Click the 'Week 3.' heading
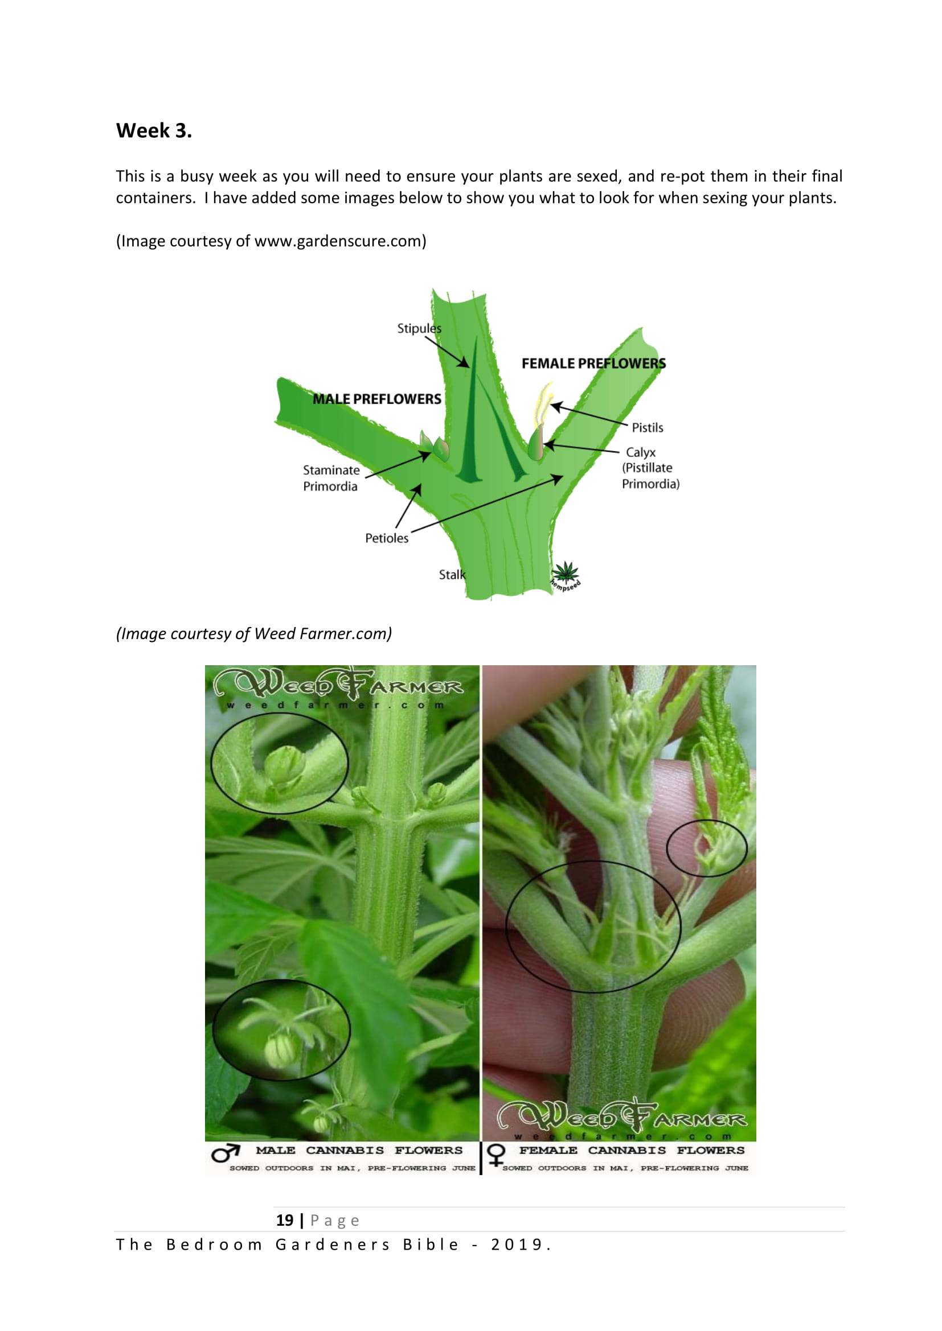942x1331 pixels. [x=154, y=131]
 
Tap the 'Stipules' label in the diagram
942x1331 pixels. [x=419, y=329]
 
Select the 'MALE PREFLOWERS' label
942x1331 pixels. [x=376, y=399]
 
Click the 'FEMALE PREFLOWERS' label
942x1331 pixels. [x=593, y=364]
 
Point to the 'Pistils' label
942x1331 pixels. [x=648, y=428]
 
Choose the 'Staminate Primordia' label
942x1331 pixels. [x=331, y=478]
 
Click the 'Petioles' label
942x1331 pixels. [x=386, y=538]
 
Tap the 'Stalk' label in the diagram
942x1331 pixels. [x=452, y=575]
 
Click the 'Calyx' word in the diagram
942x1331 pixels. [x=640, y=452]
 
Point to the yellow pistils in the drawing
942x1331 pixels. [x=543, y=403]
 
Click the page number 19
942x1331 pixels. [x=285, y=1220]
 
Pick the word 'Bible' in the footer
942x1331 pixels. [x=431, y=1245]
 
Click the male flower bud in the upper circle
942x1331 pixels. [x=284, y=764]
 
